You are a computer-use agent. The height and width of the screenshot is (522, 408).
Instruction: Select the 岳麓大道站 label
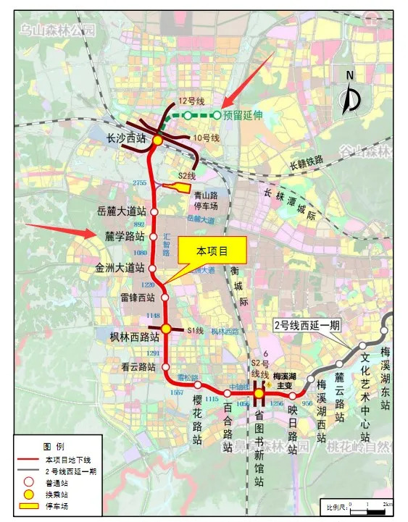[122, 211]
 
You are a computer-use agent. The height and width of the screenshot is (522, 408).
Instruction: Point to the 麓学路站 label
[120, 236]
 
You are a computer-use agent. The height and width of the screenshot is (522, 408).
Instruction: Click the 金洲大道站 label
[120, 267]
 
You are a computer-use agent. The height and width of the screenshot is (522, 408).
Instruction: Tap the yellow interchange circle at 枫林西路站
[165, 329]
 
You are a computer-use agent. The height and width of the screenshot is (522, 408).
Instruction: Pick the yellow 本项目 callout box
[213, 251]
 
